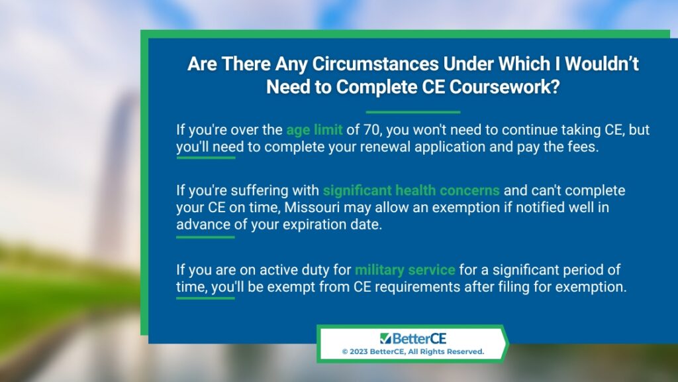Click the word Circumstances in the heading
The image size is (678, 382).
pyautogui.click(x=376, y=64)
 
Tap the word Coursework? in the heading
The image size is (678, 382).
pyautogui.click(x=504, y=87)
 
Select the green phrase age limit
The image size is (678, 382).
pyautogui.click(x=315, y=130)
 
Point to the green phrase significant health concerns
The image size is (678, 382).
pyautogui.click(x=411, y=190)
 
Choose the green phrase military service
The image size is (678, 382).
pyautogui.click(x=405, y=270)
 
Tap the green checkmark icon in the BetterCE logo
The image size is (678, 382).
pyautogui.click(x=385, y=338)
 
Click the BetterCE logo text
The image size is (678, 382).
pyautogui.click(x=413, y=338)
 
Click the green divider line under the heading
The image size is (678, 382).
pyautogui.click(x=413, y=112)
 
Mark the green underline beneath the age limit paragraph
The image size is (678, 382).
pyautogui.click(x=206, y=158)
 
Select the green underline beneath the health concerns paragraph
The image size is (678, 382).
pyautogui.click(x=205, y=237)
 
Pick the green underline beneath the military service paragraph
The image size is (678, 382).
pyautogui.click(x=205, y=298)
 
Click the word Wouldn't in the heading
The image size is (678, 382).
pyautogui.click(x=602, y=64)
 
